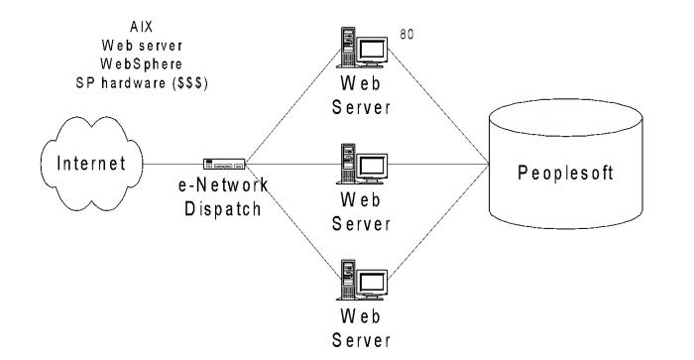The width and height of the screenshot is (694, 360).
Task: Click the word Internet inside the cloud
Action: [92, 164]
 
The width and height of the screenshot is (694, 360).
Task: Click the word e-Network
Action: [223, 185]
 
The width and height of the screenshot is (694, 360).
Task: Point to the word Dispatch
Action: [223, 208]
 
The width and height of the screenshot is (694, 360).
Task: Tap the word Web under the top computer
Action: [362, 81]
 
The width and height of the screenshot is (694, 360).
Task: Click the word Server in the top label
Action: [362, 105]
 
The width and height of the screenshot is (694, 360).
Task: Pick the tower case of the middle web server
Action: [349, 164]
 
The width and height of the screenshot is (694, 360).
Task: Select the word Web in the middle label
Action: [362, 198]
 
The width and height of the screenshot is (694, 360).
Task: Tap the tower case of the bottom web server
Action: [349, 281]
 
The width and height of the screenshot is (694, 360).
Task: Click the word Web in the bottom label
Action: [362, 316]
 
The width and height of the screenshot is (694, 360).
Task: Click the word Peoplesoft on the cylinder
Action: [566, 173]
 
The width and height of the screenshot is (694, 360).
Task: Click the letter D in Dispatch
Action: [190, 208]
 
